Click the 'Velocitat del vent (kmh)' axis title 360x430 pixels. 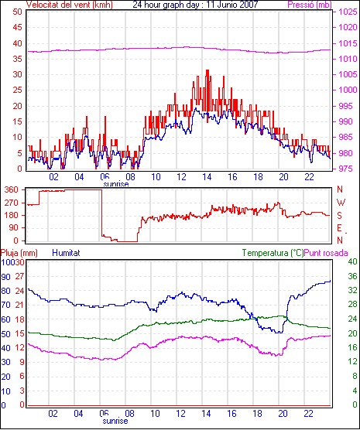70,5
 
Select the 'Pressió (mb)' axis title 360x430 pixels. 310,5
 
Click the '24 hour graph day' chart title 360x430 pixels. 163,5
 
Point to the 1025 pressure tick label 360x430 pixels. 348,12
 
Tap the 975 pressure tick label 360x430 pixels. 348,169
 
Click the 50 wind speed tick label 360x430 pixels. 17,12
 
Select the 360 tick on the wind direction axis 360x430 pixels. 12,189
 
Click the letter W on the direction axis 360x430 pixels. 341,203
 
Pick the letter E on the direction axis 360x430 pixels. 340,228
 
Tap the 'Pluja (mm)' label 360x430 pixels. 19,253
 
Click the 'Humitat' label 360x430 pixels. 66,253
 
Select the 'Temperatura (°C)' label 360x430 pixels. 273,253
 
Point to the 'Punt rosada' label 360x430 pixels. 326,253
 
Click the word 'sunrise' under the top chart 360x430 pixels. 116,184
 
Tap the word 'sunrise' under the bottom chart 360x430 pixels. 115,421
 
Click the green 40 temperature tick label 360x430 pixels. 352,261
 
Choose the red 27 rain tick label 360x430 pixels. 19,276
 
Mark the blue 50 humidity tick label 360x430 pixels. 5,334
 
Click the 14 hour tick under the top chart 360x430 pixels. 207,177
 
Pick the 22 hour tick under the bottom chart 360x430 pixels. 309,414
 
